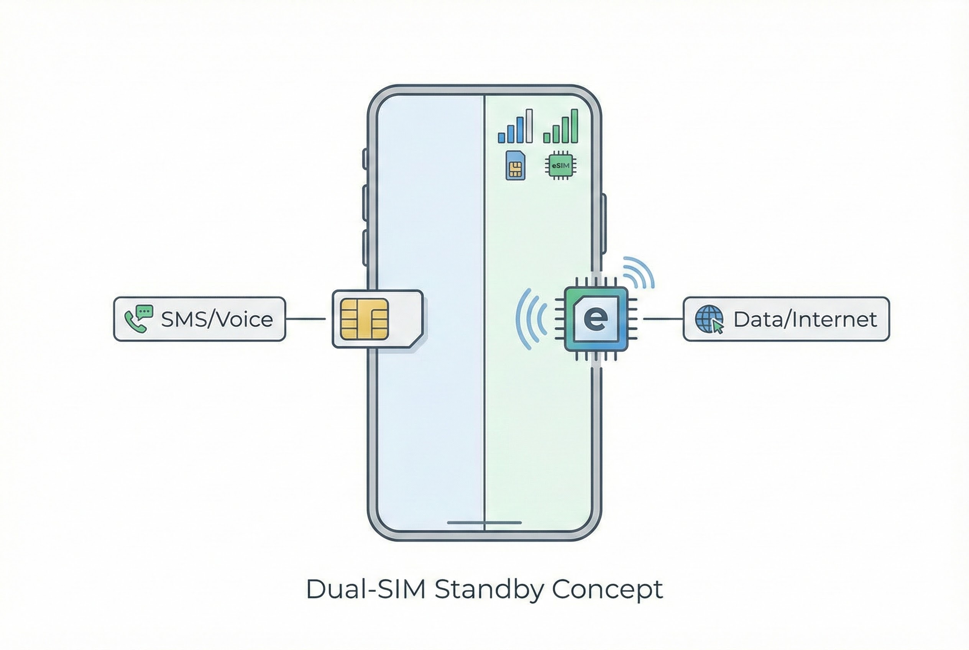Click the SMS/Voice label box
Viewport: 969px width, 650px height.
[x=199, y=319]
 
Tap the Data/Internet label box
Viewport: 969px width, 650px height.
[x=786, y=319]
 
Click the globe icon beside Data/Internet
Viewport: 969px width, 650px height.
[x=708, y=319]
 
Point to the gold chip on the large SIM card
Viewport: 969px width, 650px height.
[x=364, y=319]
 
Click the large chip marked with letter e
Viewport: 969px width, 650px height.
[x=596, y=319]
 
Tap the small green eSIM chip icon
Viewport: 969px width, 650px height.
[x=560, y=166]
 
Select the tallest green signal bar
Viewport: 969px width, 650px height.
[x=574, y=126]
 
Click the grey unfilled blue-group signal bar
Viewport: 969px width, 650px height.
[x=529, y=126]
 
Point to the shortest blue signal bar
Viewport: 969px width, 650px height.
[x=502, y=138]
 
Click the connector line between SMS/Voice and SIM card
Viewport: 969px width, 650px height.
[x=306, y=319]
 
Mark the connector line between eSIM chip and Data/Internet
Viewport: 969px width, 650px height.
[x=663, y=319]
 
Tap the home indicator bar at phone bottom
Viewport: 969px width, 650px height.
[x=484, y=523]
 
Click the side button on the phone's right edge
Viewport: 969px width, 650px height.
[x=604, y=224]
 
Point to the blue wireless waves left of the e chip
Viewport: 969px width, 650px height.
[x=530, y=318]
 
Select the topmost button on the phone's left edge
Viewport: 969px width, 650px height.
[x=365, y=159]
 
